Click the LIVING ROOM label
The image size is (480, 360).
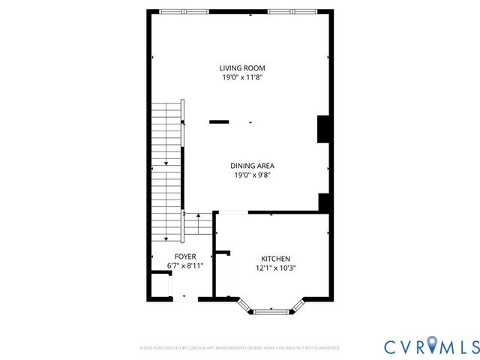242,67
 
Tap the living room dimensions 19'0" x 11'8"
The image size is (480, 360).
242,76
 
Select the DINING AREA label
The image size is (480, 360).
251,166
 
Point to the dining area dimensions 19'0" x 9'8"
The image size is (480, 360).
251,175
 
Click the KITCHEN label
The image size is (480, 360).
275,258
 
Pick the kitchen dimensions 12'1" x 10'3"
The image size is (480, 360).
275,268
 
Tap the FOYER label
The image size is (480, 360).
184,256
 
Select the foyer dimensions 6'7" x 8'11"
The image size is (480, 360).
184,265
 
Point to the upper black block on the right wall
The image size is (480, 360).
323,128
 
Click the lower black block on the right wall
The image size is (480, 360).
323,203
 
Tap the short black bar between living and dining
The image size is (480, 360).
220,121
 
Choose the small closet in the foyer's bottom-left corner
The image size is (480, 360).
160,285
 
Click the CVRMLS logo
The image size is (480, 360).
431,346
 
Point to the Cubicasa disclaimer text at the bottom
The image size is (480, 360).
240,348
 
